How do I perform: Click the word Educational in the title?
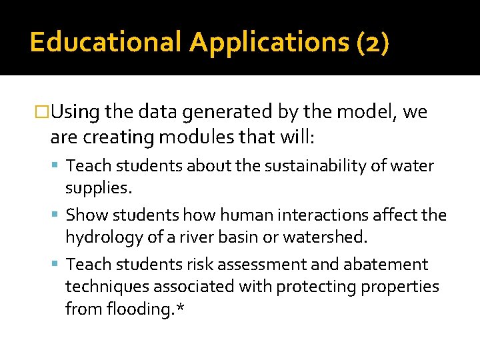tap(105, 42)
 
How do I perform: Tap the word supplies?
tap(99, 188)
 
